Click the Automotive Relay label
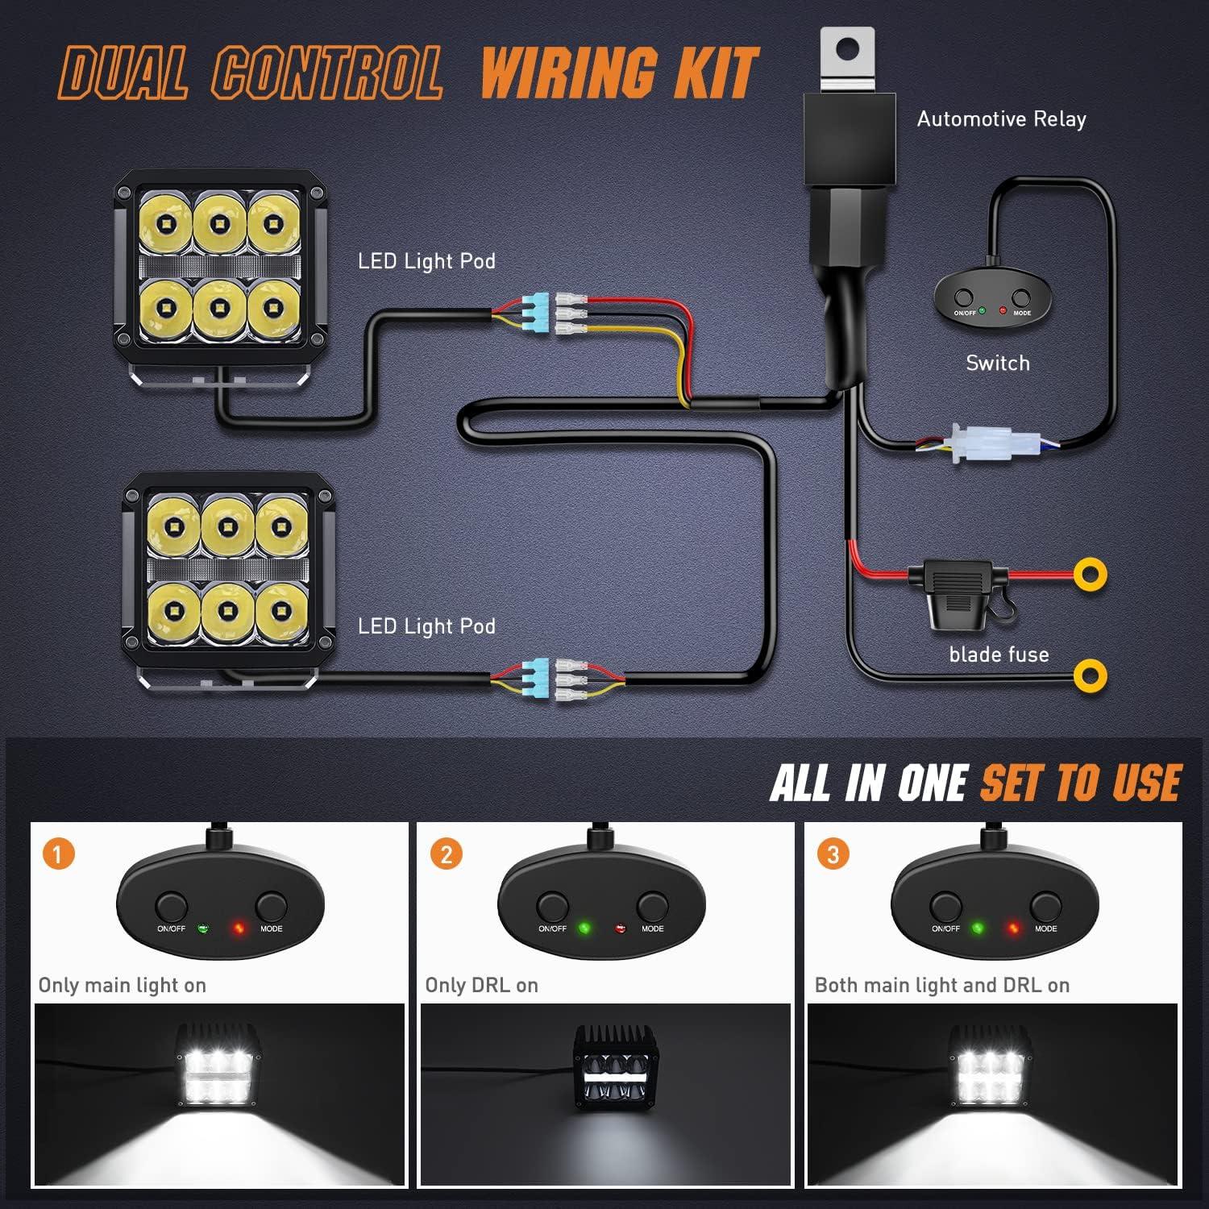1001,119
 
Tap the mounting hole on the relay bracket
847,50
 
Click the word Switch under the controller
998,363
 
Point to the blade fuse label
999,654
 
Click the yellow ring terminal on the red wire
1090,575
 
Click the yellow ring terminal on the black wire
1090,675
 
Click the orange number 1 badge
58,854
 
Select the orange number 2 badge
447,854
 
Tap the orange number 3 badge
833,854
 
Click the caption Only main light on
123,985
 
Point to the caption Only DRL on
481,985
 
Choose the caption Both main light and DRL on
941,985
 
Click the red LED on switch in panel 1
239,929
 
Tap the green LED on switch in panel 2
584,929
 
